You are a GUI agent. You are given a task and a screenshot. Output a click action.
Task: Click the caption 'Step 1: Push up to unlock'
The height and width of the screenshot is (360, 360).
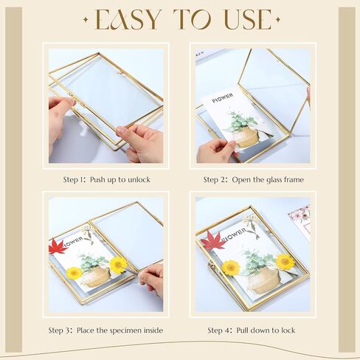107,179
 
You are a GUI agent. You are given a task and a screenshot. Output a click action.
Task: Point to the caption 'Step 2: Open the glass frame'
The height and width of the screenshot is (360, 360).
253,179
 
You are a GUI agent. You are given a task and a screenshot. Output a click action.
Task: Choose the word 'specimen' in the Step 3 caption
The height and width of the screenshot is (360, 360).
131,330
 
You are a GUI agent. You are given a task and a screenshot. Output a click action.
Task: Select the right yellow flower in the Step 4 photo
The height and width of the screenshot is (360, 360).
285,260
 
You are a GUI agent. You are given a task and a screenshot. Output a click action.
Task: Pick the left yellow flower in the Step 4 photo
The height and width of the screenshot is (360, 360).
231,267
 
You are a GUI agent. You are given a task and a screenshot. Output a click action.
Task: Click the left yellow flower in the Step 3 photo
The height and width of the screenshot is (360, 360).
74,273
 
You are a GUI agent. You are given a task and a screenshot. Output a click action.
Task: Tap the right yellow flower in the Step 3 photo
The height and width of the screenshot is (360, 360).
118,264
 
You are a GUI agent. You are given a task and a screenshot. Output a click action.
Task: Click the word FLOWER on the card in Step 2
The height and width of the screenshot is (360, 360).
223,96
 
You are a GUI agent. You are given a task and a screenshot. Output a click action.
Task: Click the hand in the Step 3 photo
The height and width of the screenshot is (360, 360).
150,278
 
